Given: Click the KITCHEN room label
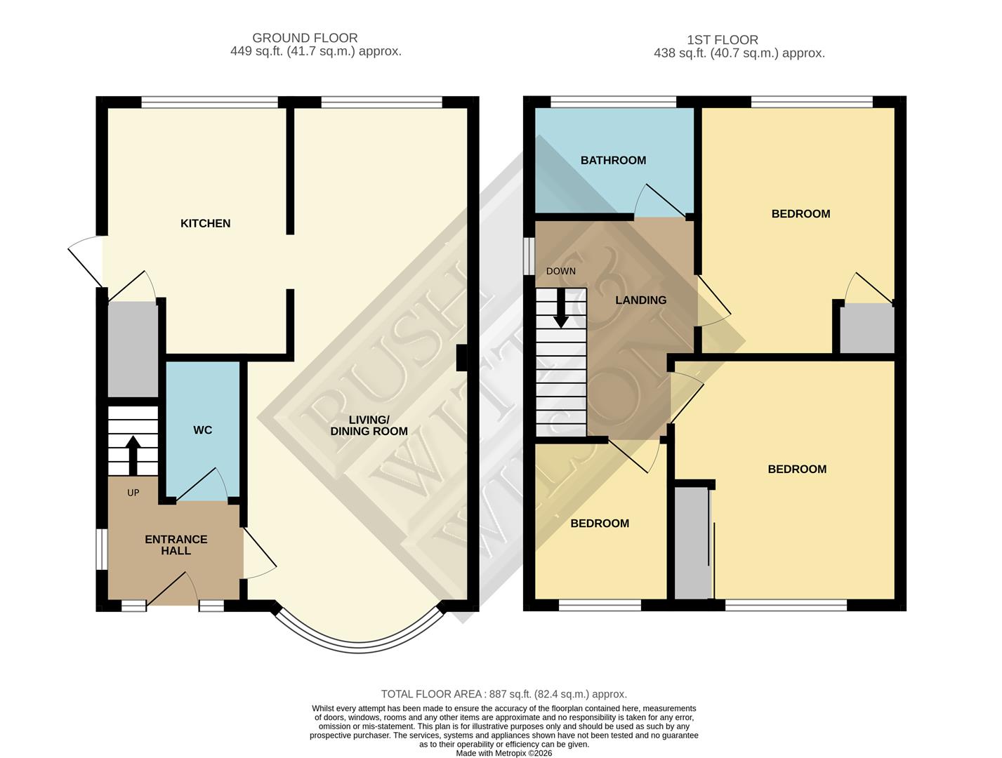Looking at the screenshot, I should click(205, 223).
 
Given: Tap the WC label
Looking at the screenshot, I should click(202, 430).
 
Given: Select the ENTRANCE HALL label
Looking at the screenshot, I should click(176, 545).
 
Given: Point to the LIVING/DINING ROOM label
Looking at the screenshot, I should click(369, 425).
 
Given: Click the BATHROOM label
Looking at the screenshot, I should click(612, 160).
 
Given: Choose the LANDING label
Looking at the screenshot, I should click(640, 300).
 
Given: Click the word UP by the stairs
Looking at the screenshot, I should click(133, 493).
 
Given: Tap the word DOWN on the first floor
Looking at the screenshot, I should click(560, 271).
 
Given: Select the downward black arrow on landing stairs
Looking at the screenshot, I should click(560, 309).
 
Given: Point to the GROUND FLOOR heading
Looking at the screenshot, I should click(305, 38).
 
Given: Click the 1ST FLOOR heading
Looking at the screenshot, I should click(722, 40).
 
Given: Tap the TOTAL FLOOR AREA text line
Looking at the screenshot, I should click(503, 694).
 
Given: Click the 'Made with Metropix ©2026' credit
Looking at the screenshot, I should click(503, 753).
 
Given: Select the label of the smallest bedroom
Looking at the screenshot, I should click(599, 523).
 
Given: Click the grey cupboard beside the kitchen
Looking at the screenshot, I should click(132, 349).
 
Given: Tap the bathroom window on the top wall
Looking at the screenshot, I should click(613, 102).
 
